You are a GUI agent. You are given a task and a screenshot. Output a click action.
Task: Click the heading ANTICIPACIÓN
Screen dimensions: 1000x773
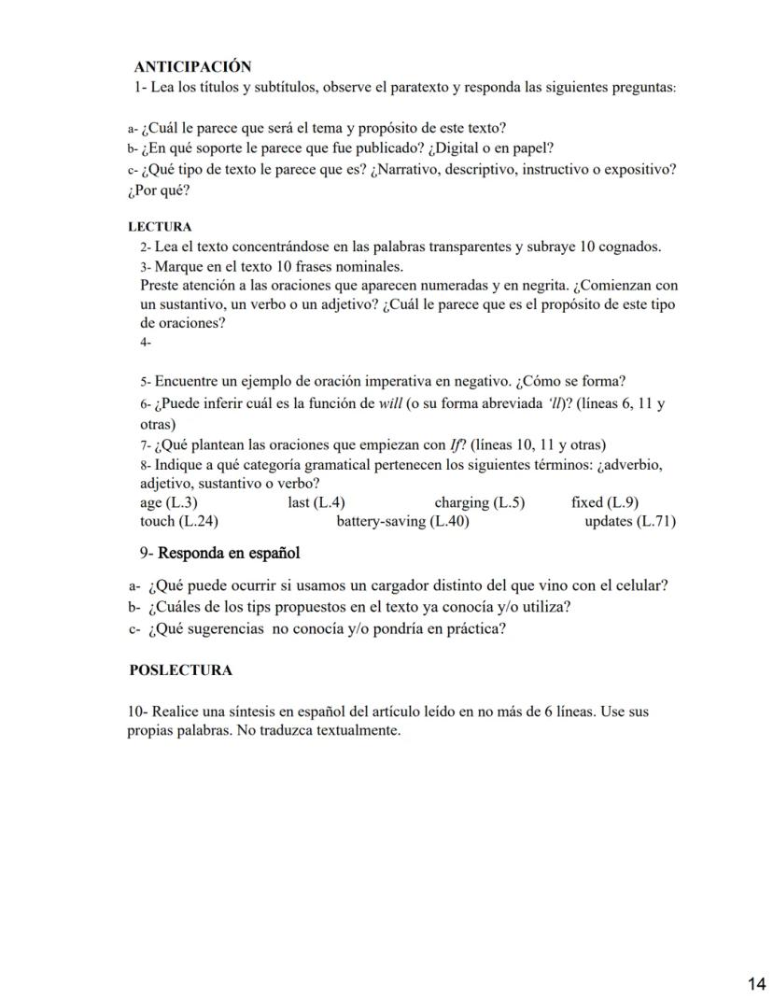click(193, 66)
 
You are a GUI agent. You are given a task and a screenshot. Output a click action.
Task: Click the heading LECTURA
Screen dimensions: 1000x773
click(160, 227)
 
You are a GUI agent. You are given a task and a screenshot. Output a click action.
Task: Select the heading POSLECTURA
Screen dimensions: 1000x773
click(181, 669)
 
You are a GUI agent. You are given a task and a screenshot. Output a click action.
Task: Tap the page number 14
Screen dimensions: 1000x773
click(756, 982)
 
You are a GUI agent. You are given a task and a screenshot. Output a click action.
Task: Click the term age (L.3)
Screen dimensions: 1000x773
click(168, 502)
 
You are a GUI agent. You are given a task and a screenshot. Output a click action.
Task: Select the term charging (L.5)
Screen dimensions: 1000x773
click(479, 502)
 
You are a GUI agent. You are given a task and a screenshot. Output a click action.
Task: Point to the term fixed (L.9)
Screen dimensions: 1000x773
click(604, 502)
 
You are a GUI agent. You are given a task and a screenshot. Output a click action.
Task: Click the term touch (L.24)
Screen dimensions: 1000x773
click(179, 521)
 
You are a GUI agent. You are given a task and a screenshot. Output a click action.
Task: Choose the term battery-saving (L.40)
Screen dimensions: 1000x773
click(402, 521)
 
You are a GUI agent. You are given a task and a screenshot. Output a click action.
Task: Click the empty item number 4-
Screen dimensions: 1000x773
click(146, 343)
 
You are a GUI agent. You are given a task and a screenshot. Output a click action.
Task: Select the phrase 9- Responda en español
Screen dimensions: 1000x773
click(219, 554)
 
